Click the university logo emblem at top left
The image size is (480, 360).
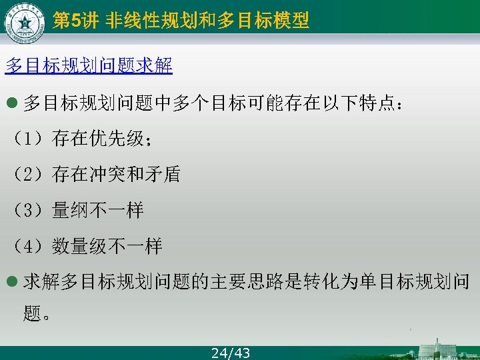click(24, 23)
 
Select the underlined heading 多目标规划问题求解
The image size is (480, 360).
click(89, 65)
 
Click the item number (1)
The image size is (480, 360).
click(27, 139)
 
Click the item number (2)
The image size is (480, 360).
click(27, 175)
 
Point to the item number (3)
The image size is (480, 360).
click(27, 211)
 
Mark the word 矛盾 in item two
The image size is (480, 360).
click(162, 175)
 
